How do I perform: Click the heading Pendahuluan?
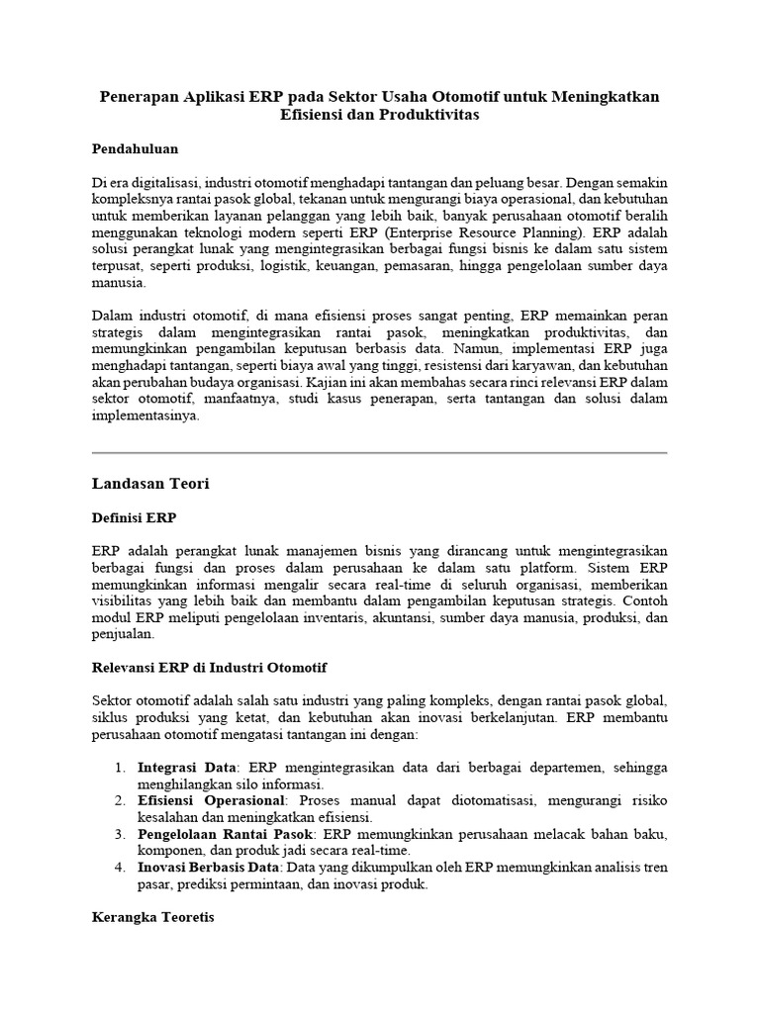(135, 148)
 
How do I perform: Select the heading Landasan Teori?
(150, 484)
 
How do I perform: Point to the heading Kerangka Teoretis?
(153, 917)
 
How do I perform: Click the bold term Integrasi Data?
(186, 767)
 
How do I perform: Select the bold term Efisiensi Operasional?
(211, 799)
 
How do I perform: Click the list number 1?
(118, 767)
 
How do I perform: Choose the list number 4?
(118, 868)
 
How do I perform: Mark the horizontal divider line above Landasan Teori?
(379, 452)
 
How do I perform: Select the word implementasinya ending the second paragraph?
(145, 415)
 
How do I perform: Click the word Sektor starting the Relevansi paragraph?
(115, 700)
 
